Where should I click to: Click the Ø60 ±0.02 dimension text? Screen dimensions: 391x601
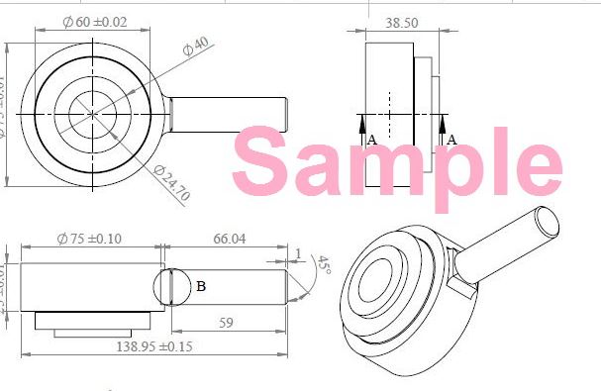coord(96,22)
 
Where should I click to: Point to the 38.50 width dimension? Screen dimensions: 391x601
coord(400,22)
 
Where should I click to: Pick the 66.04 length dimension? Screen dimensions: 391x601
coord(228,239)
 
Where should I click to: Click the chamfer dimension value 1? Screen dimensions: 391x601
coord(298,253)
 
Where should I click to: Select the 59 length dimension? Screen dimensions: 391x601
coord(227,322)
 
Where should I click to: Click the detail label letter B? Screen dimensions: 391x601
coord(201,287)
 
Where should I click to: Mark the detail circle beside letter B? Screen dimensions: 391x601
coord(171,287)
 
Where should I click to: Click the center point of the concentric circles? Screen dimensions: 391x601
coord(94,115)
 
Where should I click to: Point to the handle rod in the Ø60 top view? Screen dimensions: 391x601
coord(228,115)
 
